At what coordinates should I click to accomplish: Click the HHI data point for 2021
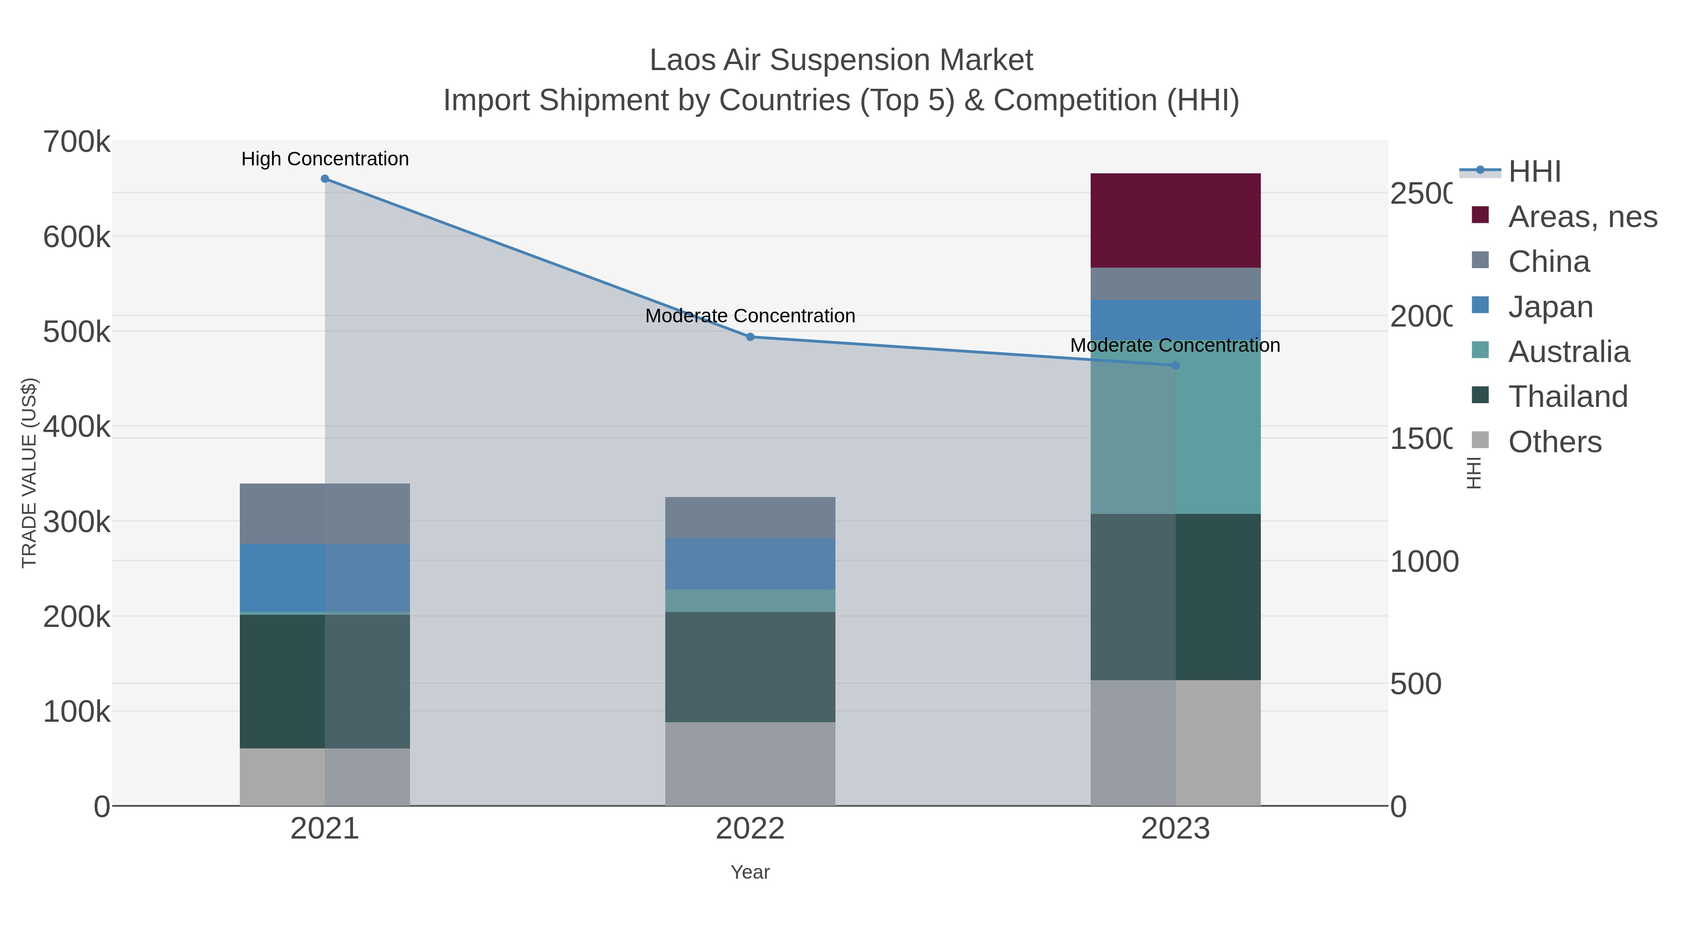pyautogui.click(x=325, y=179)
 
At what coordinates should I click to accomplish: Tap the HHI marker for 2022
pyautogui.click(x=750, y=337)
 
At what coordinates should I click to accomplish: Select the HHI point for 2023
pyautogui.click(x=1175, y=366)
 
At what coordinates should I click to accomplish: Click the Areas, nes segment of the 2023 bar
pyautogui.click(x=1175, y=220)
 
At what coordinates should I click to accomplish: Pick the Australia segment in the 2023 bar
pyautogui.click(x=1175, y=431)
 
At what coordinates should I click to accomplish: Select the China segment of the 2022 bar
pyautogui.click(x=750, y=517)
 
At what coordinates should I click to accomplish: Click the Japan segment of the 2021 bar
pyautogui.click(x=325, y=578)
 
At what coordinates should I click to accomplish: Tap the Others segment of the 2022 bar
pyautogui.click(x=750, y=763)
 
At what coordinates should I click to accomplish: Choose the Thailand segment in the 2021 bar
pyautogui.click(x=325, y=681)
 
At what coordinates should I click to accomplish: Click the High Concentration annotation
pyautogui.click(x=325, y=159)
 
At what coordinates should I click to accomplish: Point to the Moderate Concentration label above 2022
pyautogui.click(x=750, y=316)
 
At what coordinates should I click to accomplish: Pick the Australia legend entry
pyautogui.click(x=1568, y=352)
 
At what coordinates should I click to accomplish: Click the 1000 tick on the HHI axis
pyautogui.click(x=1424, y=562)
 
